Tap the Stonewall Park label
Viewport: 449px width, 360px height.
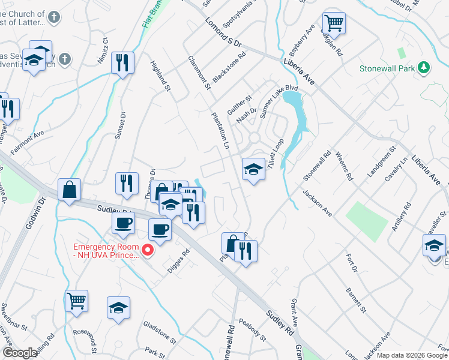click(x=387, y=68)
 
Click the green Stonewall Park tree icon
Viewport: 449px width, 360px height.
click(x=424, y=67)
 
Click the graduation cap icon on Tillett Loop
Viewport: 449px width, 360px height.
click(x=253, y=170)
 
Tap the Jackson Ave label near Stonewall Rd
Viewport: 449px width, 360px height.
click(x=318, y=203)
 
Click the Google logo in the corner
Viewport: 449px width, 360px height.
click(x=20, y=352)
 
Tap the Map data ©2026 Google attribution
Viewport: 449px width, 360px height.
click(x=412, y=355)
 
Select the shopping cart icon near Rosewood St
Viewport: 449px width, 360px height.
click(x=76, y=301)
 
